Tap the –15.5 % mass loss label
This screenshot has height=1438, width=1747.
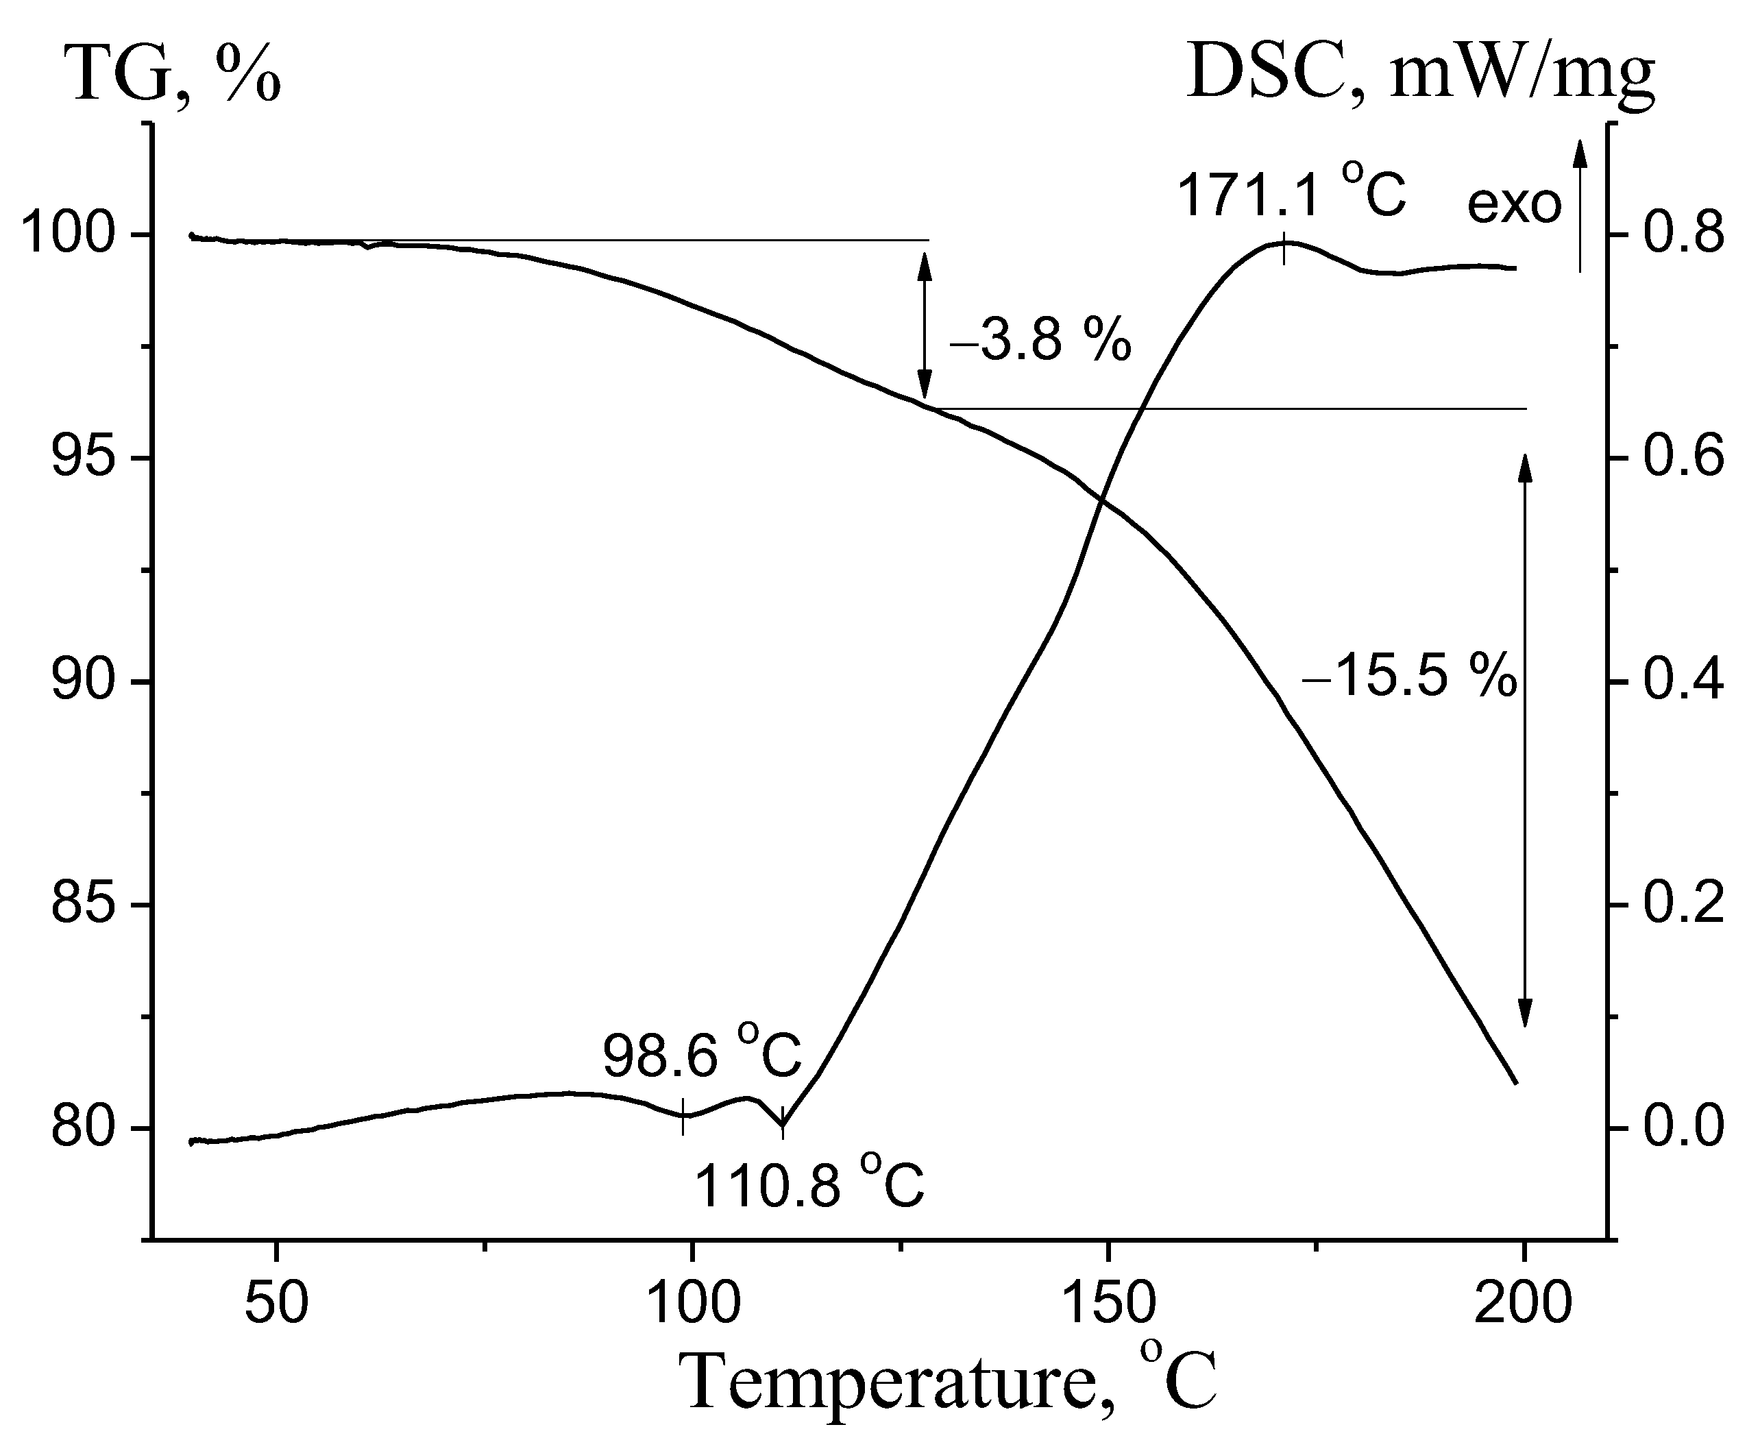pos(1409,675)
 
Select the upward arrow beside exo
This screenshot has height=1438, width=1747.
pos(1579,207)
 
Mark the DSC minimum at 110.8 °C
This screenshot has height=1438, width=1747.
pos(782,1125)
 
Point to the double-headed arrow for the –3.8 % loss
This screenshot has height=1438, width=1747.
pos(925,326)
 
